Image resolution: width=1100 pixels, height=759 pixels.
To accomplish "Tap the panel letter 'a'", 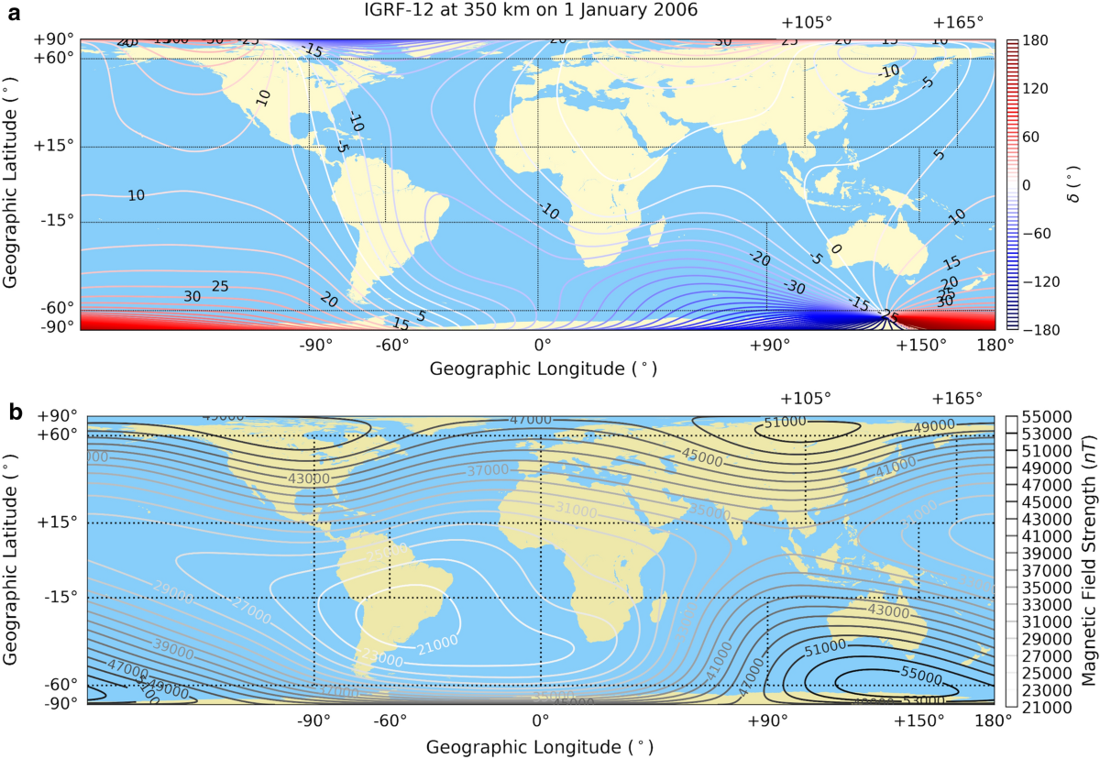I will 15,12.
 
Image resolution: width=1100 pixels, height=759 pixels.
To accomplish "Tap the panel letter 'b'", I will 16,413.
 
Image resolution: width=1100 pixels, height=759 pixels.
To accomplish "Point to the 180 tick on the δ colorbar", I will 1036,41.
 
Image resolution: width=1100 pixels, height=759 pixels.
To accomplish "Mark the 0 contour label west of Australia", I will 834,247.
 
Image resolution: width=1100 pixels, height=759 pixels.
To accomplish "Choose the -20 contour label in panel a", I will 758,260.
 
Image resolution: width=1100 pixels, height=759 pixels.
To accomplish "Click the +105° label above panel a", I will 806,23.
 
